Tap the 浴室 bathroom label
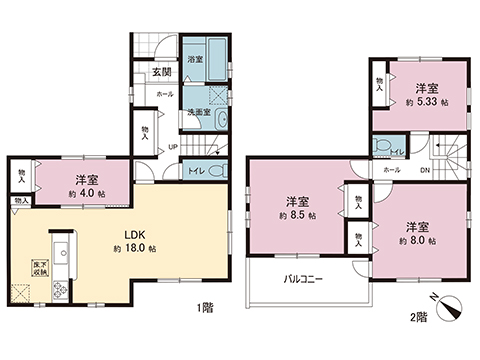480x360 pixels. point(195,60)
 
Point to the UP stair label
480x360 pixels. point(172,146)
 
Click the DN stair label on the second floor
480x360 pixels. point(424,170)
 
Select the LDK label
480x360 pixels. point(122,238)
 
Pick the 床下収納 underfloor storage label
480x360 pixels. point(22,267)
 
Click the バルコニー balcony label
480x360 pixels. point(303,280)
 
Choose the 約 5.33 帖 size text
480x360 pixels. point(427,102)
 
